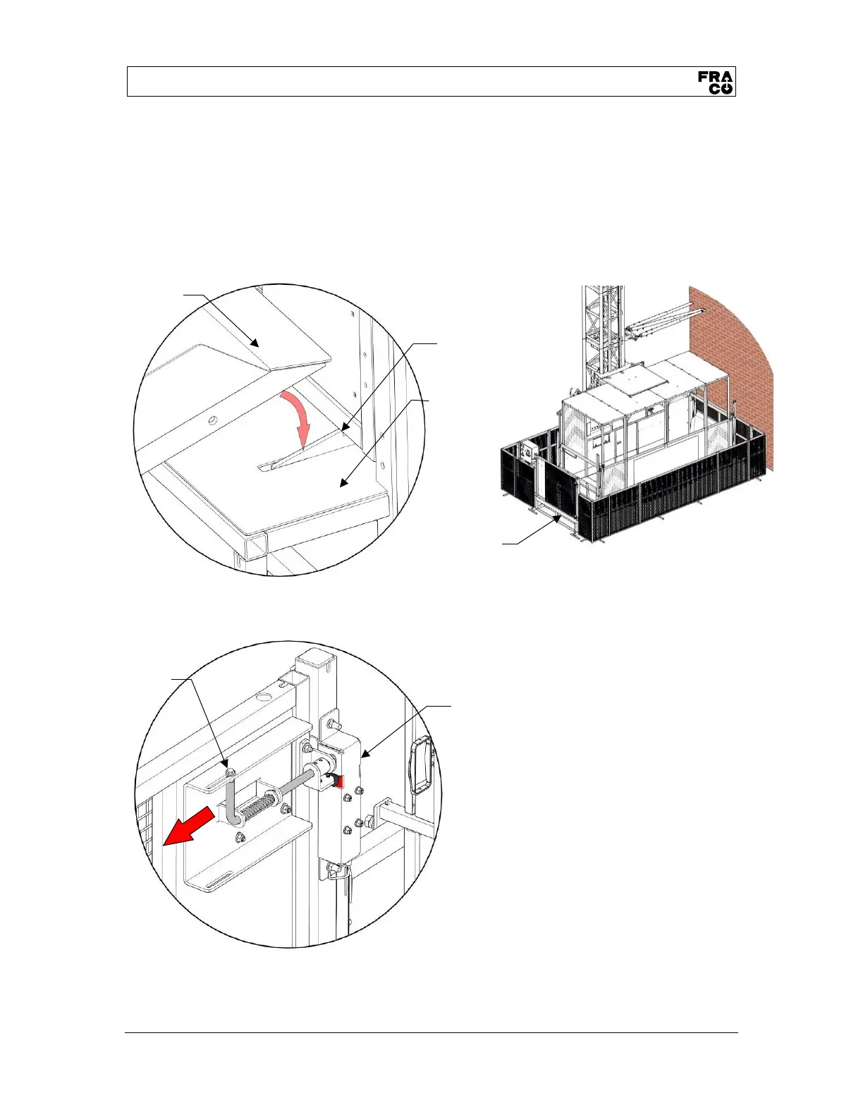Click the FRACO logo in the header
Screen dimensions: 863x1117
tap(716, 82)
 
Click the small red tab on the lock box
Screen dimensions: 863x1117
tap(339, 780)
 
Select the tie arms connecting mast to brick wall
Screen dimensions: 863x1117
tap(663, 321)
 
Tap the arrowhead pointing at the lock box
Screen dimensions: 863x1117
tap(364, 755)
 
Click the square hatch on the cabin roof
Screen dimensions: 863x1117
tap(625, 382)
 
